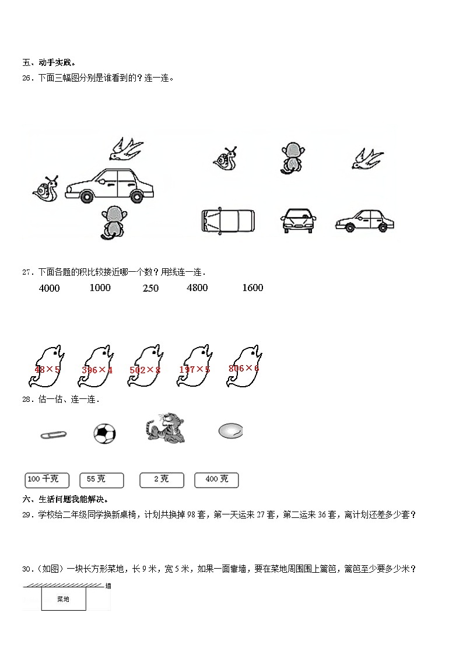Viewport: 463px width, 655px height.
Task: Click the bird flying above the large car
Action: coord(125,149)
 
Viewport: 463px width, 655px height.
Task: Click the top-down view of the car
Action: coord(227,221)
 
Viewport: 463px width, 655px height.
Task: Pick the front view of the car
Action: coord(298,220)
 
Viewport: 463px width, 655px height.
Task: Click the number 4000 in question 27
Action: coord(49,288)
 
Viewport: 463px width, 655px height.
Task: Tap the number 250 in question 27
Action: coord(150,288)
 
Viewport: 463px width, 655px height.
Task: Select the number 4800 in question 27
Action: coord(197,288)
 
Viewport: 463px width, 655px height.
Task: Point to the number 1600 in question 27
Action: coord(252,288)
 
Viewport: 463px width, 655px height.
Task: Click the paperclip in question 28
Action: coord(53,435)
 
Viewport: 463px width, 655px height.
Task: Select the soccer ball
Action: coord(104,433)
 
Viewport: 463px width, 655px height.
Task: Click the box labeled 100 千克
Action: coord(47,480)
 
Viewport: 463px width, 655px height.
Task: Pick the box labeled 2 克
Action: coord(162,480)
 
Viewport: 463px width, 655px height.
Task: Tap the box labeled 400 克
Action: coord(216,480)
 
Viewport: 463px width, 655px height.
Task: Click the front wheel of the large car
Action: coord(87,196)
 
